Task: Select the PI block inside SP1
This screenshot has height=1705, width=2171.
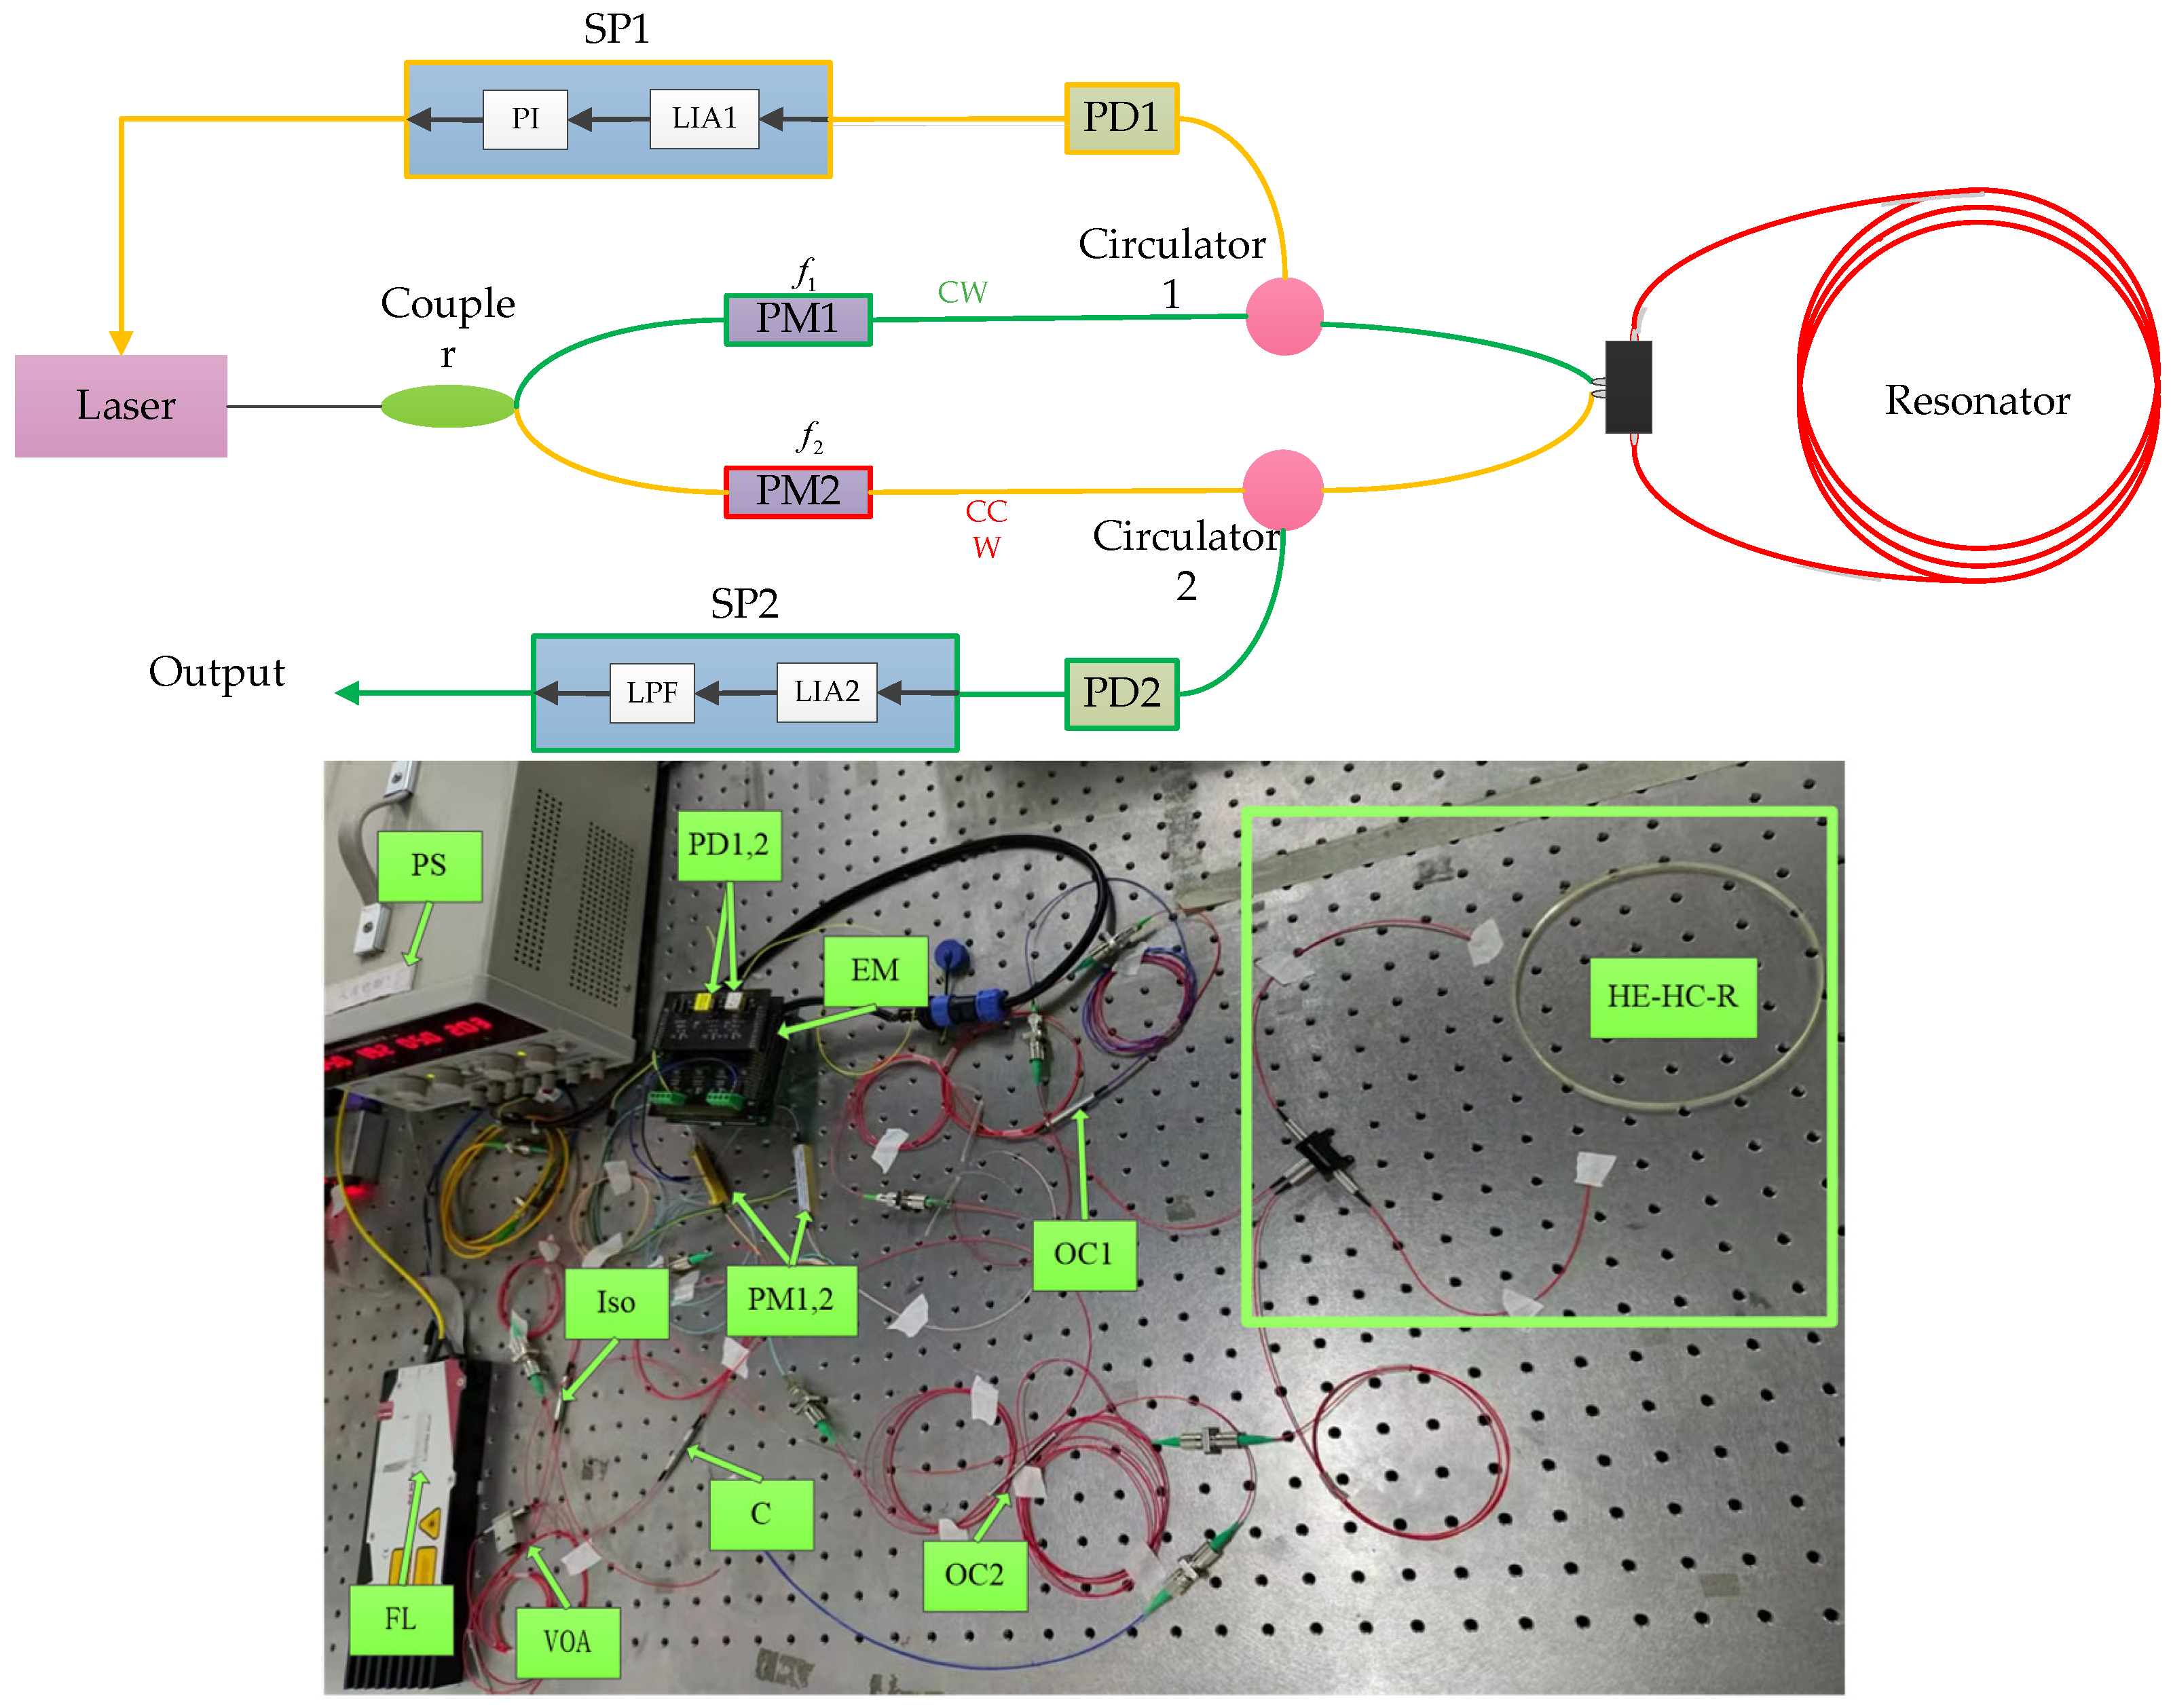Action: point(525,119)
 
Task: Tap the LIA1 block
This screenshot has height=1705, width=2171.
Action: point(704,119)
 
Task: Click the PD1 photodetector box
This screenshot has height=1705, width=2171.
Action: point(1121,118)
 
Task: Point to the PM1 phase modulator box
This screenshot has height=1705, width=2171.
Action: point(798,320)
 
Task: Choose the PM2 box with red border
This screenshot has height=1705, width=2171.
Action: point(798,491)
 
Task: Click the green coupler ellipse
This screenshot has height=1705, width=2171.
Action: point(448,407)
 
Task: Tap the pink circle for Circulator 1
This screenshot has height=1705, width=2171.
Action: point(1284,316)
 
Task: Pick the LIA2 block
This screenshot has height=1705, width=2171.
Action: point(826,692)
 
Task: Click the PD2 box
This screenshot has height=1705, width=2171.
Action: point(1121,694)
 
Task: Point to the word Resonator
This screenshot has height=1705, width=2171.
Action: point(1975,400)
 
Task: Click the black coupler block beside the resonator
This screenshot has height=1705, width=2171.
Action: point(1628,388)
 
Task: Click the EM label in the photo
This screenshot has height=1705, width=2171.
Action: point(874,971)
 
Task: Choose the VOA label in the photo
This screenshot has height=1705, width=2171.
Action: point(567,1641)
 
